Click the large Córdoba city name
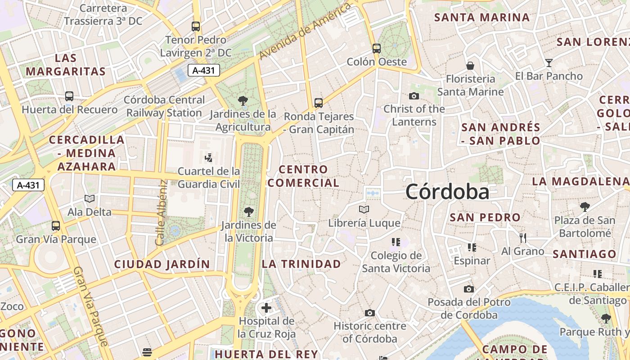pyautogui.click(x=447, y=192)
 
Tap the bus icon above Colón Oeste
pyautogui.click(x=377, y=48)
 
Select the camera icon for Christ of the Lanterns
pyautogui.click(x=414, y=96)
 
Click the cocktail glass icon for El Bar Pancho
pyautogui.click(x=549, y=63)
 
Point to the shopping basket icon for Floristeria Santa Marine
pyautogui.click(x=470, y=66)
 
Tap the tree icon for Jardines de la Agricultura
pyautogui.click(x=243, y=100)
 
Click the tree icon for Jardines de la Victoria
pyautogui.click(x=248, y=211)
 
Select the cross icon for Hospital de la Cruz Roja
pyautogui.click(x=266, y=308)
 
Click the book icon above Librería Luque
pyautogui.click(x=364, y=210)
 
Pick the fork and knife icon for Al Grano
pyautogui.click(x=522, y=238)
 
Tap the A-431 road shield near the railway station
pyautogui.click(x=203, y=70)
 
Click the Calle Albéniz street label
pyautogui.click(x=162, y=213)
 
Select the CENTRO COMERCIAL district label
pyautogui.click(x=304, y=176)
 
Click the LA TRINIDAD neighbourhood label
pyautogui.click(x=301, y=264)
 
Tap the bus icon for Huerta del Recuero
pyautogui.click(x=69, y=96)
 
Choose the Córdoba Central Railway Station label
pyautogui.click(x=164, y=106)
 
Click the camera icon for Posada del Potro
pyautogui.click(x=469, y=289)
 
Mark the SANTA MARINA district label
pyautogui.click(x=482, y=18)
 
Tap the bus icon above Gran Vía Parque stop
pyautogui.click(x=56, y=226)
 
